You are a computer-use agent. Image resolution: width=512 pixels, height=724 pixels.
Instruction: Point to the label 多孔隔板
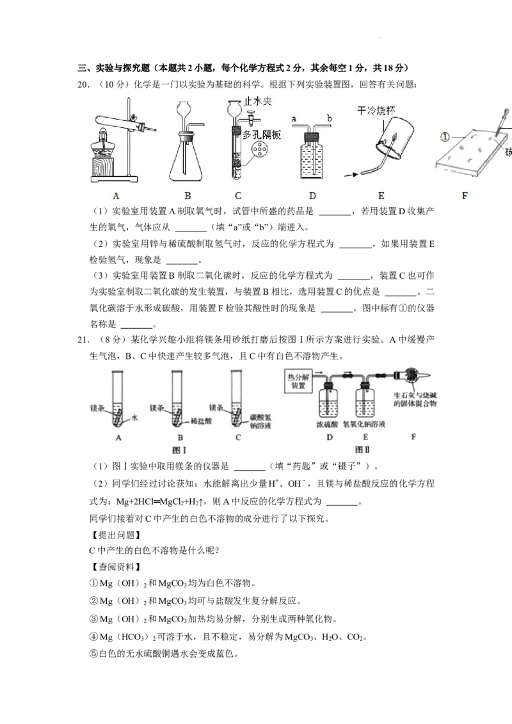pos(262,135)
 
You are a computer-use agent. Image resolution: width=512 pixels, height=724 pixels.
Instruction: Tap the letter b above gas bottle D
pos(328,119)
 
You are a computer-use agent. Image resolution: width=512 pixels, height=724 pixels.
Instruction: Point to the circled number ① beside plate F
pos(446,136)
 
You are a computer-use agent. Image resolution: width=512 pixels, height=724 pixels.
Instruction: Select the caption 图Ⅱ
pos(363,449)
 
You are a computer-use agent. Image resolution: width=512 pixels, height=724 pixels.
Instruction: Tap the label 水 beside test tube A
pos(135,418)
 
